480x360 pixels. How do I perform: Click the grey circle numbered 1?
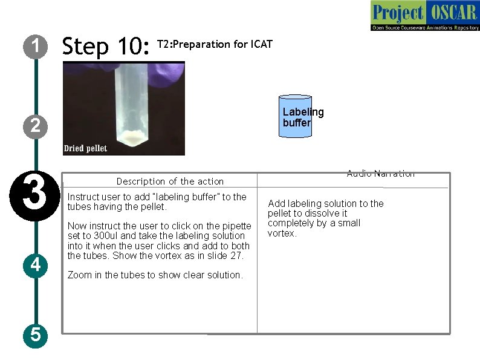[x=36, y=47]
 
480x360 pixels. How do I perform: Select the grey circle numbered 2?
[x=36, y=126]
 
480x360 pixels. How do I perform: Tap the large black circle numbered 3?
[x=35, y=196]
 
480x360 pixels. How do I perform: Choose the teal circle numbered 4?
[x=36, y=266]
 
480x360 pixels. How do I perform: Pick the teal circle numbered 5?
[x=36, y=335]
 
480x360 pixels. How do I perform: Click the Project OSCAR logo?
[x=425, y=15]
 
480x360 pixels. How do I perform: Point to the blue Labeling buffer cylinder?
[x=296, y=116]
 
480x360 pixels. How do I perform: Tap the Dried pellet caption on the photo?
[x=85, y=148]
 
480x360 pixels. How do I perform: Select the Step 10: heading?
[x=106, y=46]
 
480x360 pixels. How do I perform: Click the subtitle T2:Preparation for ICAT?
[x=215, y=44]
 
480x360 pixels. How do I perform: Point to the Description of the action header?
[x=170, y=182]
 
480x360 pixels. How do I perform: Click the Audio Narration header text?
[x=380, y=174]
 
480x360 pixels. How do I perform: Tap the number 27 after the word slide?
[x=236, y=255]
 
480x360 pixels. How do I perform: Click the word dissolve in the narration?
[x=321, y=213]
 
